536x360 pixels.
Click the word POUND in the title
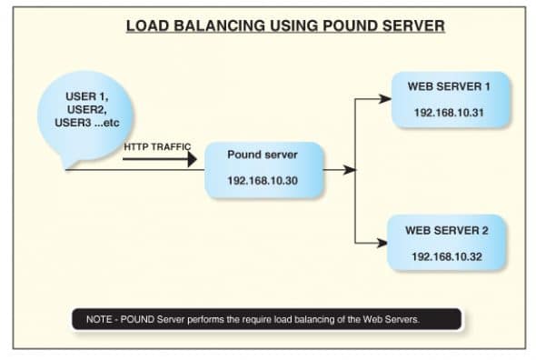[x=350, y=26]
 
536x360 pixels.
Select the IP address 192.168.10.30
[x=263, y=181]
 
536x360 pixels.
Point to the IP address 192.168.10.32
[x=446, y=256]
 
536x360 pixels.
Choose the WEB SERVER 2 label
[x=446, y=231]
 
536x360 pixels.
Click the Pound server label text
[x=263, y=155]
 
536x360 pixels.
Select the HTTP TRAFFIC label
[x=157, y=145]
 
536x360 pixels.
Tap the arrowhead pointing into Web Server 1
[x=384, y=99]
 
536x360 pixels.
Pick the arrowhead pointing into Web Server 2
[x=384, y=242]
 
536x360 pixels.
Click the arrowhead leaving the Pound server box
[x=350, y=169]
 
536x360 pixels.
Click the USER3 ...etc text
[x=91, y=123]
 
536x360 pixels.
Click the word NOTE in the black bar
[x=99, y=319]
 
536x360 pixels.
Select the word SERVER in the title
[x=412, y=26]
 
